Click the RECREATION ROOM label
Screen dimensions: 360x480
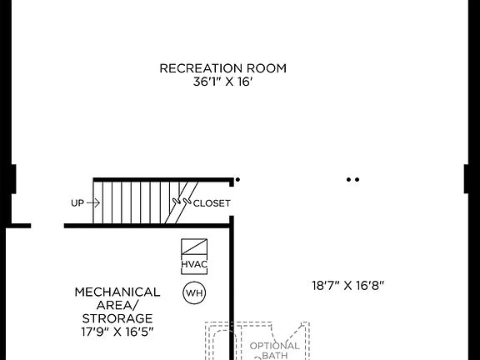pos(222,67)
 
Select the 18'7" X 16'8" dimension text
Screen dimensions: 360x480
pos(347,285)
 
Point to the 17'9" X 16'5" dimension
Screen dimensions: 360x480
pos(117,332)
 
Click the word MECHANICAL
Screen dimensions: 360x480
pos(117,292)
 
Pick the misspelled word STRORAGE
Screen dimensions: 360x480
pos(117,318)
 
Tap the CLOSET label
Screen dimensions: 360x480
pos(212,202)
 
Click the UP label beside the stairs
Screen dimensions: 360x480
pos(77,202)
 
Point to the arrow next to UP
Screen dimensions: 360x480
pos(93,202)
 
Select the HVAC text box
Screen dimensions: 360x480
pos(194,265)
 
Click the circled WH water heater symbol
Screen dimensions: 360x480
pos(194,292)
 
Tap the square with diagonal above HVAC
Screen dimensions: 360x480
pos(194,248)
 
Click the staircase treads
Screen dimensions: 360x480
pos(133,202)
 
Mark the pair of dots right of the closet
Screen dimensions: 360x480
pos(352,179)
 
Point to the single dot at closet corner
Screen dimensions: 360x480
pos(237,179)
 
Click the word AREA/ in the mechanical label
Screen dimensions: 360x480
pos(117,305)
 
